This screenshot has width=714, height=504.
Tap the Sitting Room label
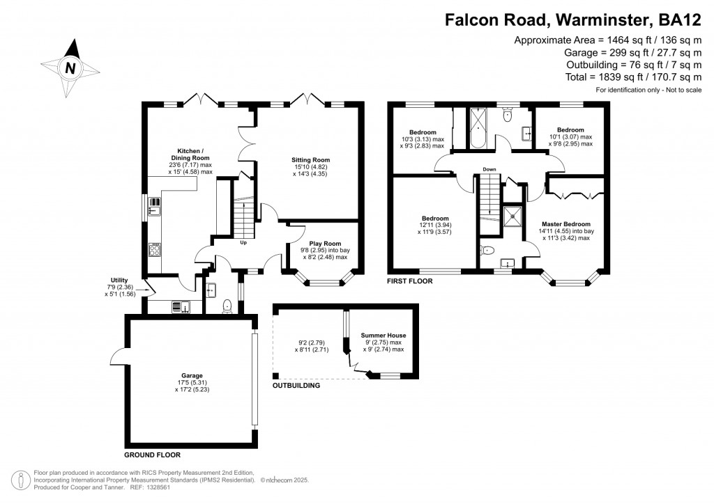coord(310,159)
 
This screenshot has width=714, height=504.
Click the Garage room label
coord(188,376)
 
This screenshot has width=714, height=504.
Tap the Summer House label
coord(383,336)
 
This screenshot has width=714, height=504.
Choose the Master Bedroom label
coord(568,223)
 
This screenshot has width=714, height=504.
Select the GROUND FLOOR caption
coord(152,455)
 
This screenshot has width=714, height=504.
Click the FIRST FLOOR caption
coord(410,281)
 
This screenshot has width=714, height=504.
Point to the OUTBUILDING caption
coord(296,385)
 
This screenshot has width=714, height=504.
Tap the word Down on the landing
coord(489,169)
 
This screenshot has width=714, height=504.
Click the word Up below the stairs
coord(243,243)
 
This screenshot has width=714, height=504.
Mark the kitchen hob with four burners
coord(155,249)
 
